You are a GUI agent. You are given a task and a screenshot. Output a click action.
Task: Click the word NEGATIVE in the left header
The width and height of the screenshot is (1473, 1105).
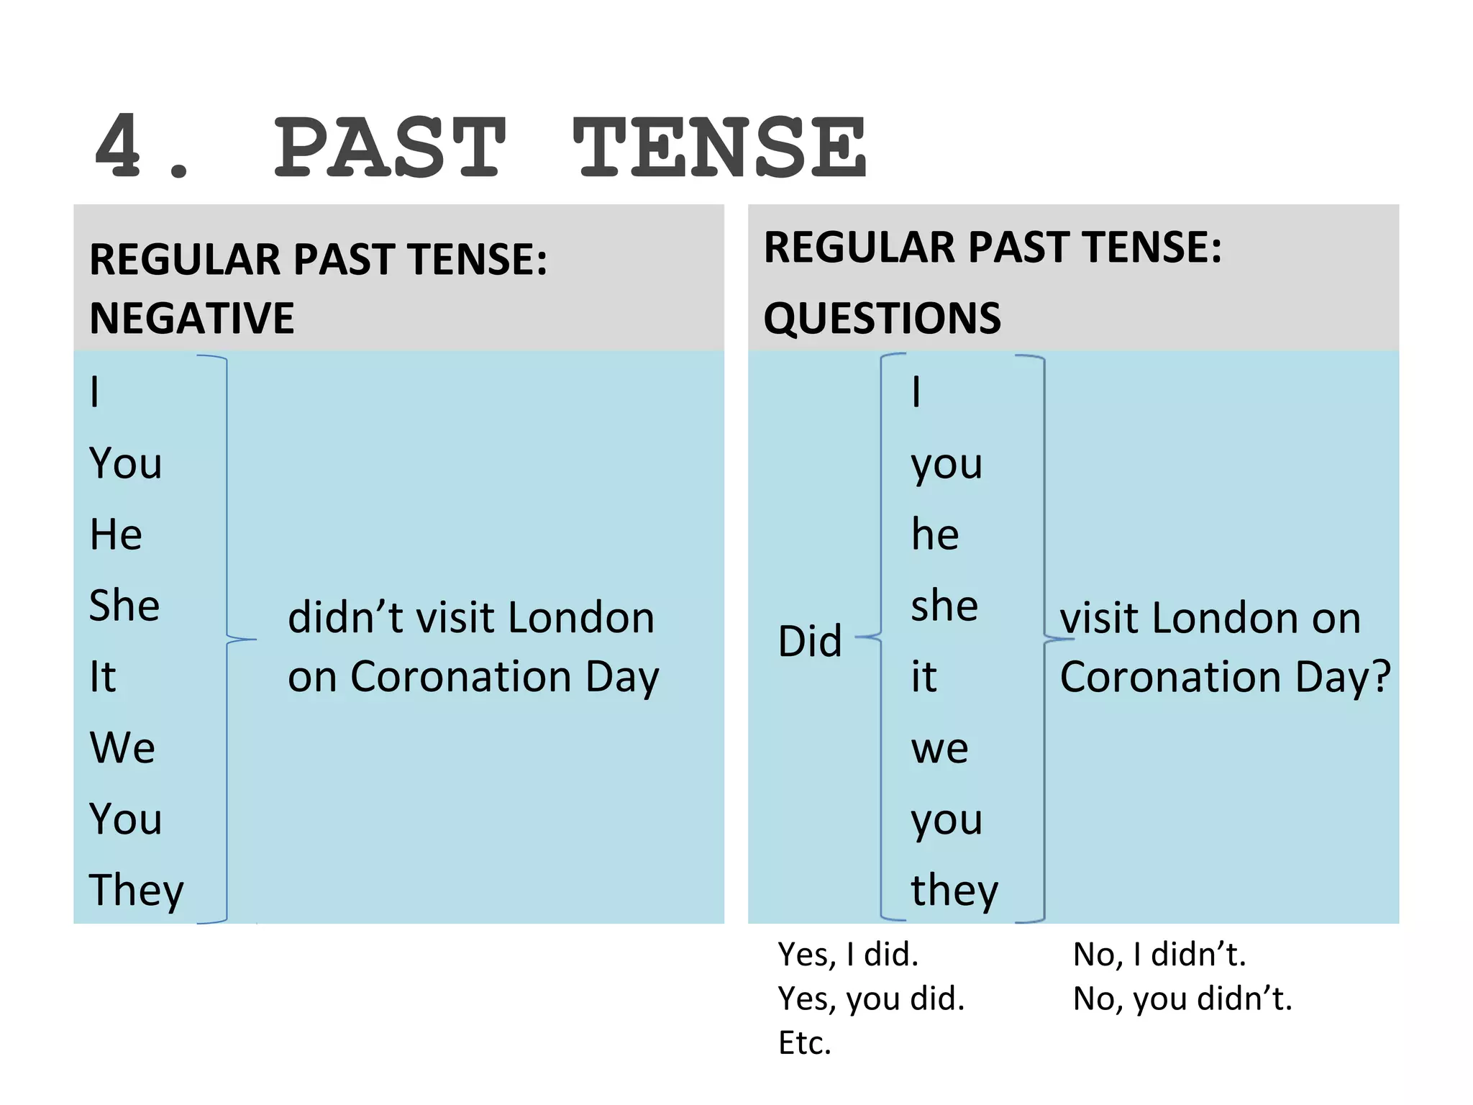pyautogui.click(x=192, y=318)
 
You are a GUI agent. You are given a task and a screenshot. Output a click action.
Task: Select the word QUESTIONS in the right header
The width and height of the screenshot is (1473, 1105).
pyautogui.click(x=882, y=318)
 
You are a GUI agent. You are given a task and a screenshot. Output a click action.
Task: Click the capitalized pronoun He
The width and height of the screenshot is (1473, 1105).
pyautogui.click(x=116, y=535)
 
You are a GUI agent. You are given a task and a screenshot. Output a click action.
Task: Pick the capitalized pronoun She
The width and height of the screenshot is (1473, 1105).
pyautogui.click(x=124, y=605)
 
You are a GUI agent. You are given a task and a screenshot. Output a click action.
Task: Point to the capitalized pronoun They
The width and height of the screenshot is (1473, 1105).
pyautogui.click(x=137, y=891)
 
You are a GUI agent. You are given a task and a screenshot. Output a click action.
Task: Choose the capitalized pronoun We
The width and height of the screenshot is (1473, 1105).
pyautogui.click(x=122, y=747)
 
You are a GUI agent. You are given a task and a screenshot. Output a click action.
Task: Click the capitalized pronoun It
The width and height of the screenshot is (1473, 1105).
pyautogui.click(x=102, y=676)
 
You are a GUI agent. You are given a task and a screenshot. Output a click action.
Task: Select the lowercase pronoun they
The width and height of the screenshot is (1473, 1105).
pyautogui.click(x=954, y=891)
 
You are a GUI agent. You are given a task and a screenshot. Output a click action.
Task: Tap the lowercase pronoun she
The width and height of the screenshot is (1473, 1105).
pyautogui.click(x=944, y=605)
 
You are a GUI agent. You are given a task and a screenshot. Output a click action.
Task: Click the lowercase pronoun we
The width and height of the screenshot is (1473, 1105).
pyautogui.click(x=939, y=748)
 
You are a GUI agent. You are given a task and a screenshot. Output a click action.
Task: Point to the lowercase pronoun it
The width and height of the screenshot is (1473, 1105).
pyautogui.click(x=924, y=676)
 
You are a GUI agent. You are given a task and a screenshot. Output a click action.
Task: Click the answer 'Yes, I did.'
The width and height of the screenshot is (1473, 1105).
pyautogui.click(x=848, y=955)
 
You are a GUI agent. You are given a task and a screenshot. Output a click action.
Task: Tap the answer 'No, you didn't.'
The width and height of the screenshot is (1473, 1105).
pyautogui.click(x=1182, y=999)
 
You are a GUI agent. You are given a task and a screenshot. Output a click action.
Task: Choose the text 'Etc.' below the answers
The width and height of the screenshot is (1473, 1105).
pyautogui.click(x=805, y=1042)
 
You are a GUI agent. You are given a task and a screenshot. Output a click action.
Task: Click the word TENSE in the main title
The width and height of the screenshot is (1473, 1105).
pyautogui.click(x=719, y=147)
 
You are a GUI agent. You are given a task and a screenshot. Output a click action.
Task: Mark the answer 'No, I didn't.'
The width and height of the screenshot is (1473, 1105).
pyautogui.click(x=1159, y=955)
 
